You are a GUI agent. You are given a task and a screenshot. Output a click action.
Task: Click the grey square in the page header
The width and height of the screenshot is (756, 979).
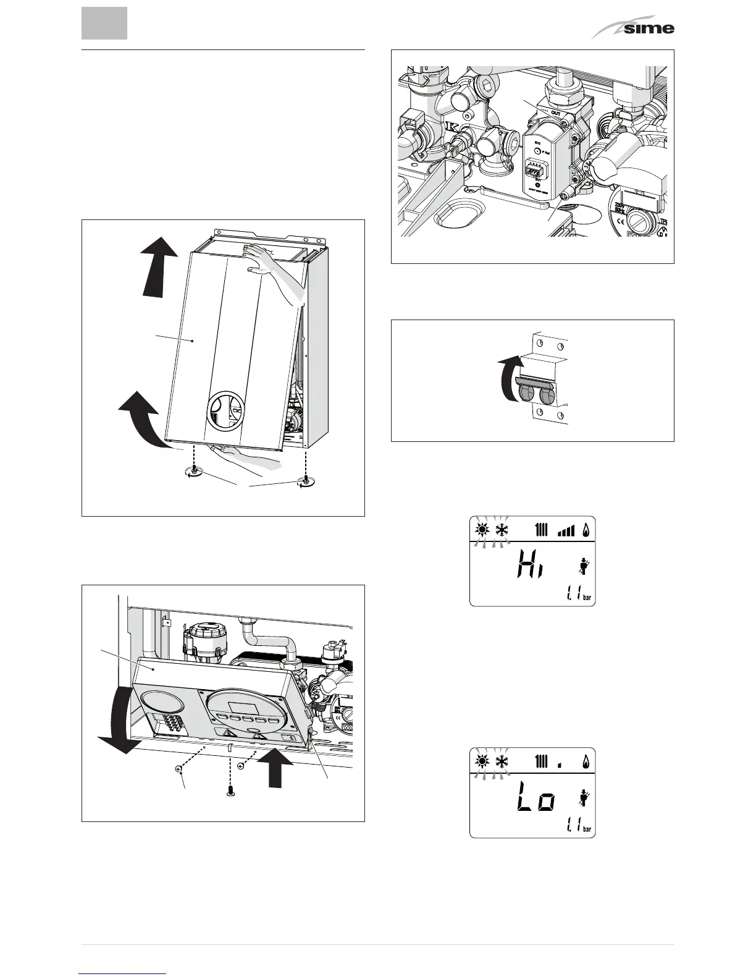point(104,23)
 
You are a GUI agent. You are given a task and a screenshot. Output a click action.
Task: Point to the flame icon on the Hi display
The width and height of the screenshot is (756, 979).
point(585,530)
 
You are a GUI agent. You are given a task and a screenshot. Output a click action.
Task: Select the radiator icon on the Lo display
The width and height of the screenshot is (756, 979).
point(542,762)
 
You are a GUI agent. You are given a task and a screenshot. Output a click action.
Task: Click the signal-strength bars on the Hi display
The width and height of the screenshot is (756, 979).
point(565,530)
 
